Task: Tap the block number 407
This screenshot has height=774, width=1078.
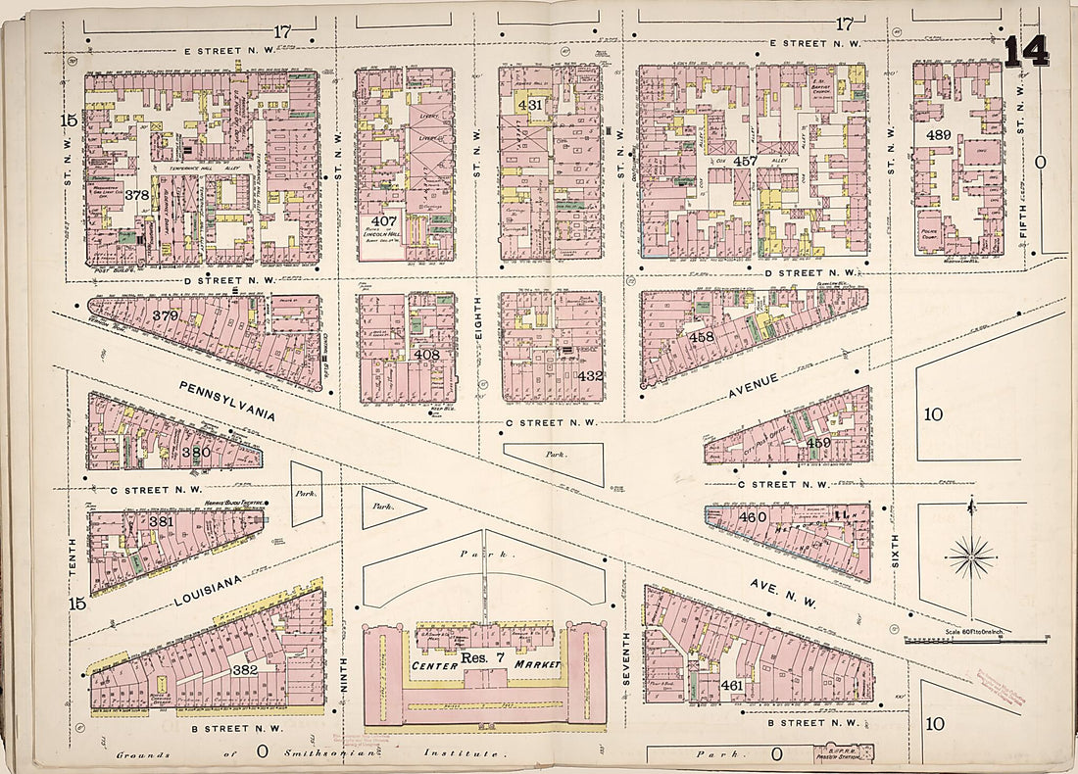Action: point(383,221)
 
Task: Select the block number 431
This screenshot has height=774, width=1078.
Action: point(529,105)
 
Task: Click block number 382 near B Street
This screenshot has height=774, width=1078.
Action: point(243,669)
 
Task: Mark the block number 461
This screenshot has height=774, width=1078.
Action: point(731,686)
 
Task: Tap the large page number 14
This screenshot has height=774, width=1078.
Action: point(1025,51)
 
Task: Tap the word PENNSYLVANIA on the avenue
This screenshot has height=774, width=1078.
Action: point(225,402)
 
